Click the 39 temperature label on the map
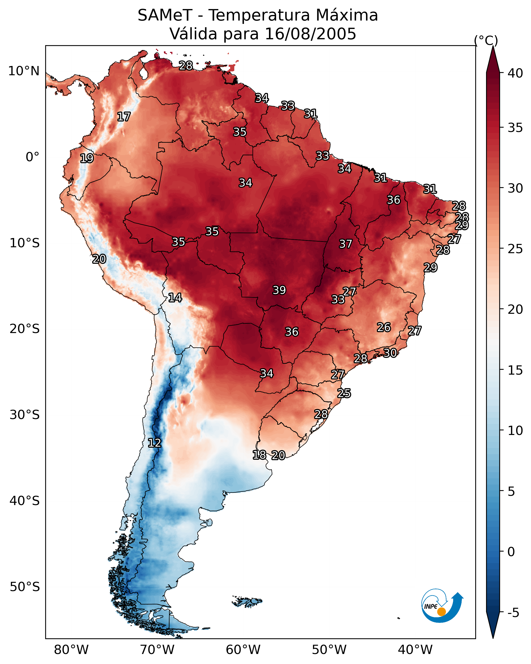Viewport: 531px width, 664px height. [x=279, y=290]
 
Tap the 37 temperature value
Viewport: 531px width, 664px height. [x=346, y=244]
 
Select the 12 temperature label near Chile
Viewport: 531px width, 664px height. [x=154, y=443]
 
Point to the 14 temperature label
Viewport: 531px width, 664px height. [x=175, y=298]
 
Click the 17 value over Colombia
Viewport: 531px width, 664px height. [x=124, y=117]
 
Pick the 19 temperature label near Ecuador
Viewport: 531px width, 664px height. [x=87, y=158]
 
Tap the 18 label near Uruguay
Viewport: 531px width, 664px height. [x=259, y=455]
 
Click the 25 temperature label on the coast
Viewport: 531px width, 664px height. [x=344, y=393]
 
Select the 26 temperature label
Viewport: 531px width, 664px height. [x=384, y=327]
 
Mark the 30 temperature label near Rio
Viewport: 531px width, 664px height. [x=390, y=353]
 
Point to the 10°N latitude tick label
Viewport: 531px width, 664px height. [x=24, y=71]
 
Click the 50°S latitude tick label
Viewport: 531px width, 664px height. [x=25, y=587]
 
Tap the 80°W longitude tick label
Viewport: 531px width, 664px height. [x=71, y=650]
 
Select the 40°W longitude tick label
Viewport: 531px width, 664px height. [x=415, y=650]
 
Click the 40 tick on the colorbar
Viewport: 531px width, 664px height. [x=515, y=73]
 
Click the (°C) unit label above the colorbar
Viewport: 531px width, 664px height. [x=486, y=40]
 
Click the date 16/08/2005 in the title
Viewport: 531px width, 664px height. [x=310, y=34]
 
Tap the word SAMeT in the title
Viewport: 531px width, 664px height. [x=165, y=15]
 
